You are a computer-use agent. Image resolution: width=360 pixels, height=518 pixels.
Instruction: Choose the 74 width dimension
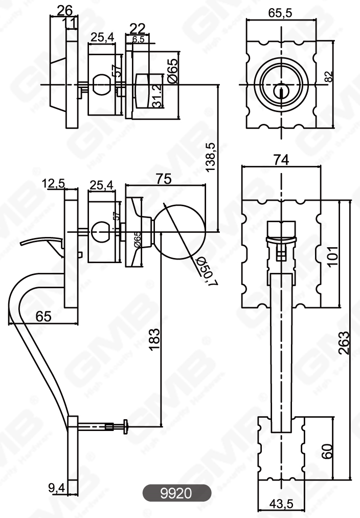(281, 160)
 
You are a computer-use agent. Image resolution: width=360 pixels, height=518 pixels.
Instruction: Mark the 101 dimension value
(333, 253)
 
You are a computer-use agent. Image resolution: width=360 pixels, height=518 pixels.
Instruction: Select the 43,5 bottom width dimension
(281, 504)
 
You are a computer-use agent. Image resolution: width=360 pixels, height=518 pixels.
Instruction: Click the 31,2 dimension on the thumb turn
(157, 96)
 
